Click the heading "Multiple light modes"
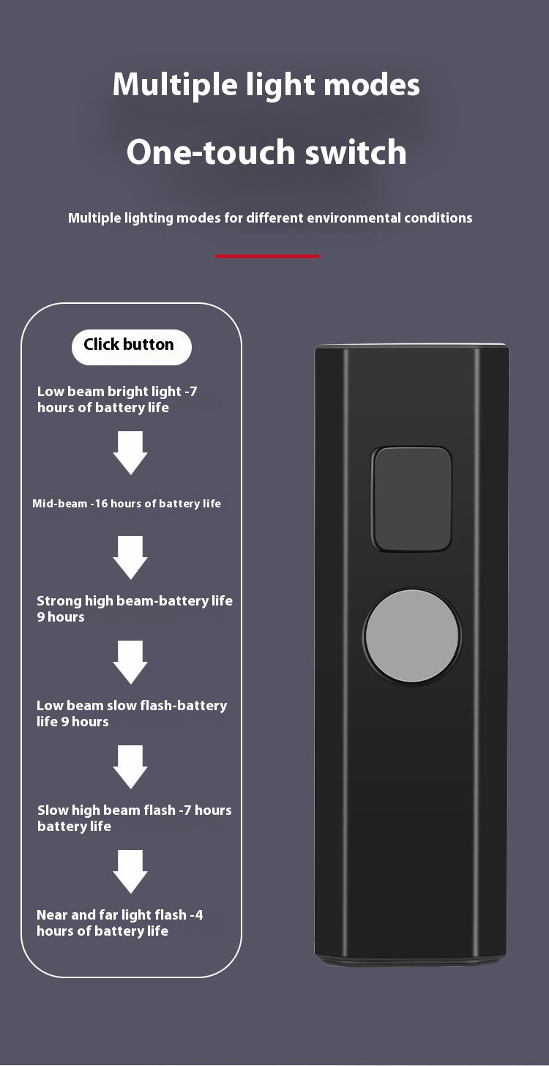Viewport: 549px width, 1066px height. [266, 85]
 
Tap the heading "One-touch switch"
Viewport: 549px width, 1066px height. [266, 152]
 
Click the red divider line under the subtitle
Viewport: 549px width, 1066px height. [267, 256]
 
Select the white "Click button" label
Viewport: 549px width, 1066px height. [129, 346]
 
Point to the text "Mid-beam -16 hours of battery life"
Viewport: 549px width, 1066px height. [127, 504]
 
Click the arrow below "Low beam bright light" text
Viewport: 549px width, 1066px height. [130, 452]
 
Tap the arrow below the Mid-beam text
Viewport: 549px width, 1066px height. [130, 557]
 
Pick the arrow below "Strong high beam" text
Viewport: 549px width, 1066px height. [130, 662]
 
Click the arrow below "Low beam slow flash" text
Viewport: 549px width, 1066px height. [130, 767]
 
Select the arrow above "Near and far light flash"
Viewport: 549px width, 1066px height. [130, 871]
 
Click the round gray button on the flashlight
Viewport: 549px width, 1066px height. [412, 637]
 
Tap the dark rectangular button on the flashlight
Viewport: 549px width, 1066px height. [412, 499]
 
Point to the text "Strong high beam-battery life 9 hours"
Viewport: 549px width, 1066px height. [134, 608]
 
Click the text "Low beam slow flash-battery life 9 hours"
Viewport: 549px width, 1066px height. [132, 713]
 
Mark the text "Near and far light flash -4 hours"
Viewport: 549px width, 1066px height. [120, 922]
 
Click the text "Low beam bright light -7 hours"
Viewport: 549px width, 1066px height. [117, 399]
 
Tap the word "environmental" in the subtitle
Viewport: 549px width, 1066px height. [351, 217]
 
